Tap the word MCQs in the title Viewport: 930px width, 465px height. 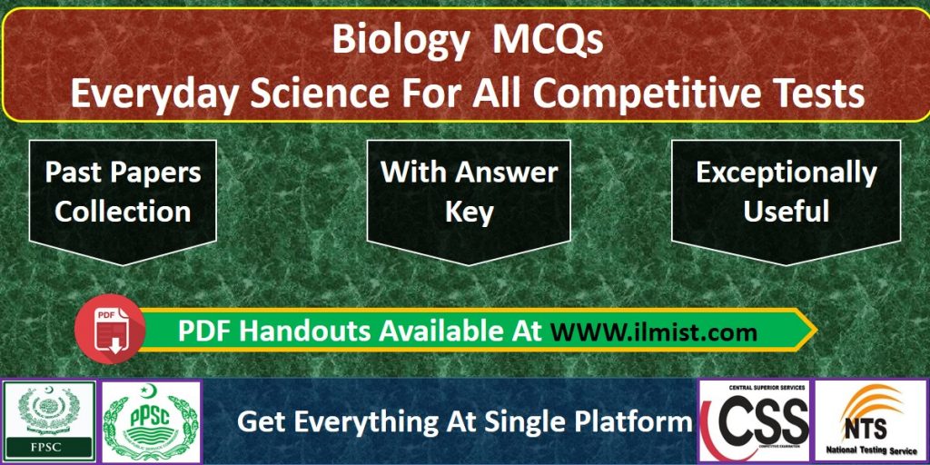[548, 39]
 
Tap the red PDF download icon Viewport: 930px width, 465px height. [110, 329]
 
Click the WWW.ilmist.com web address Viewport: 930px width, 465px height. [654, 332]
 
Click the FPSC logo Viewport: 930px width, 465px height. [49, 420]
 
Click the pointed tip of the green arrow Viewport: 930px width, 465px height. [816, 330]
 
